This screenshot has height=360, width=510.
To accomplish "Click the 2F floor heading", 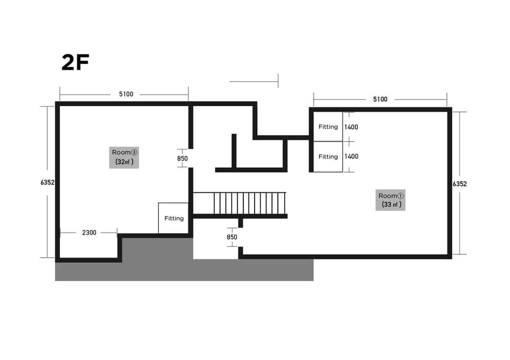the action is pyautogui.click(x=75, y=63).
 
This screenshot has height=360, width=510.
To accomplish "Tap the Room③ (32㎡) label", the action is pyautogui.click(x=124, y=157).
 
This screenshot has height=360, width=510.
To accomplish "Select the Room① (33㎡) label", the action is pyautogui.click(x=391, y=200).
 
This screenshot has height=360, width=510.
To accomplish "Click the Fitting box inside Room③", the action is pyautogui.click(x=173, y=218).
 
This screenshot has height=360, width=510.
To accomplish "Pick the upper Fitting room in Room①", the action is pyautogui.click(x=328, y=126).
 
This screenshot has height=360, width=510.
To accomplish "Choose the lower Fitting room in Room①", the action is pyautogui.click(x=328, y=157).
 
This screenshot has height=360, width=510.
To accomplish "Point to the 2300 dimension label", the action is pyautogui.click(x=89, y=233).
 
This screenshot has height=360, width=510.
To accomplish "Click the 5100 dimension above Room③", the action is pyautogui.click(x=126, y=94).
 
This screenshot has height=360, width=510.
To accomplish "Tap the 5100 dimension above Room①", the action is pyautogui.click(x=380, y=100).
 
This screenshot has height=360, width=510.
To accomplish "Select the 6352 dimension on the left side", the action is pyautogui.click(x=48, y=183).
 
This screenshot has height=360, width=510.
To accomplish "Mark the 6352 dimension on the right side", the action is pyautogui.click(x=459, y=184).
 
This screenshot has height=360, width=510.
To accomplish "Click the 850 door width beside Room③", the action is pyautogui.click(x=182, y=159).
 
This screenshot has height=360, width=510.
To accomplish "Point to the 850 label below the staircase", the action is pyautogui.click(x=232, y=237).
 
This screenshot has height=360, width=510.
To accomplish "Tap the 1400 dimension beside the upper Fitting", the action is pyautogui.click(x=351, y=127).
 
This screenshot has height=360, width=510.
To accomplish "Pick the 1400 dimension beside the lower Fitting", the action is pyautogui.click(x=351, y=157).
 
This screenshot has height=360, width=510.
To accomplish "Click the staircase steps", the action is pyautogui.click(x=250, y=203).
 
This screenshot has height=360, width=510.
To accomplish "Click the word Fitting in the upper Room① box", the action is pyautogui.click(x=328, y=127).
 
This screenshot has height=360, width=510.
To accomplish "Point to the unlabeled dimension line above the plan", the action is pyautogui.click(x=254, y=82).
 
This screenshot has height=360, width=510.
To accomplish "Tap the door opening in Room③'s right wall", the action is pyautogui.click(x=191, y=158).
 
